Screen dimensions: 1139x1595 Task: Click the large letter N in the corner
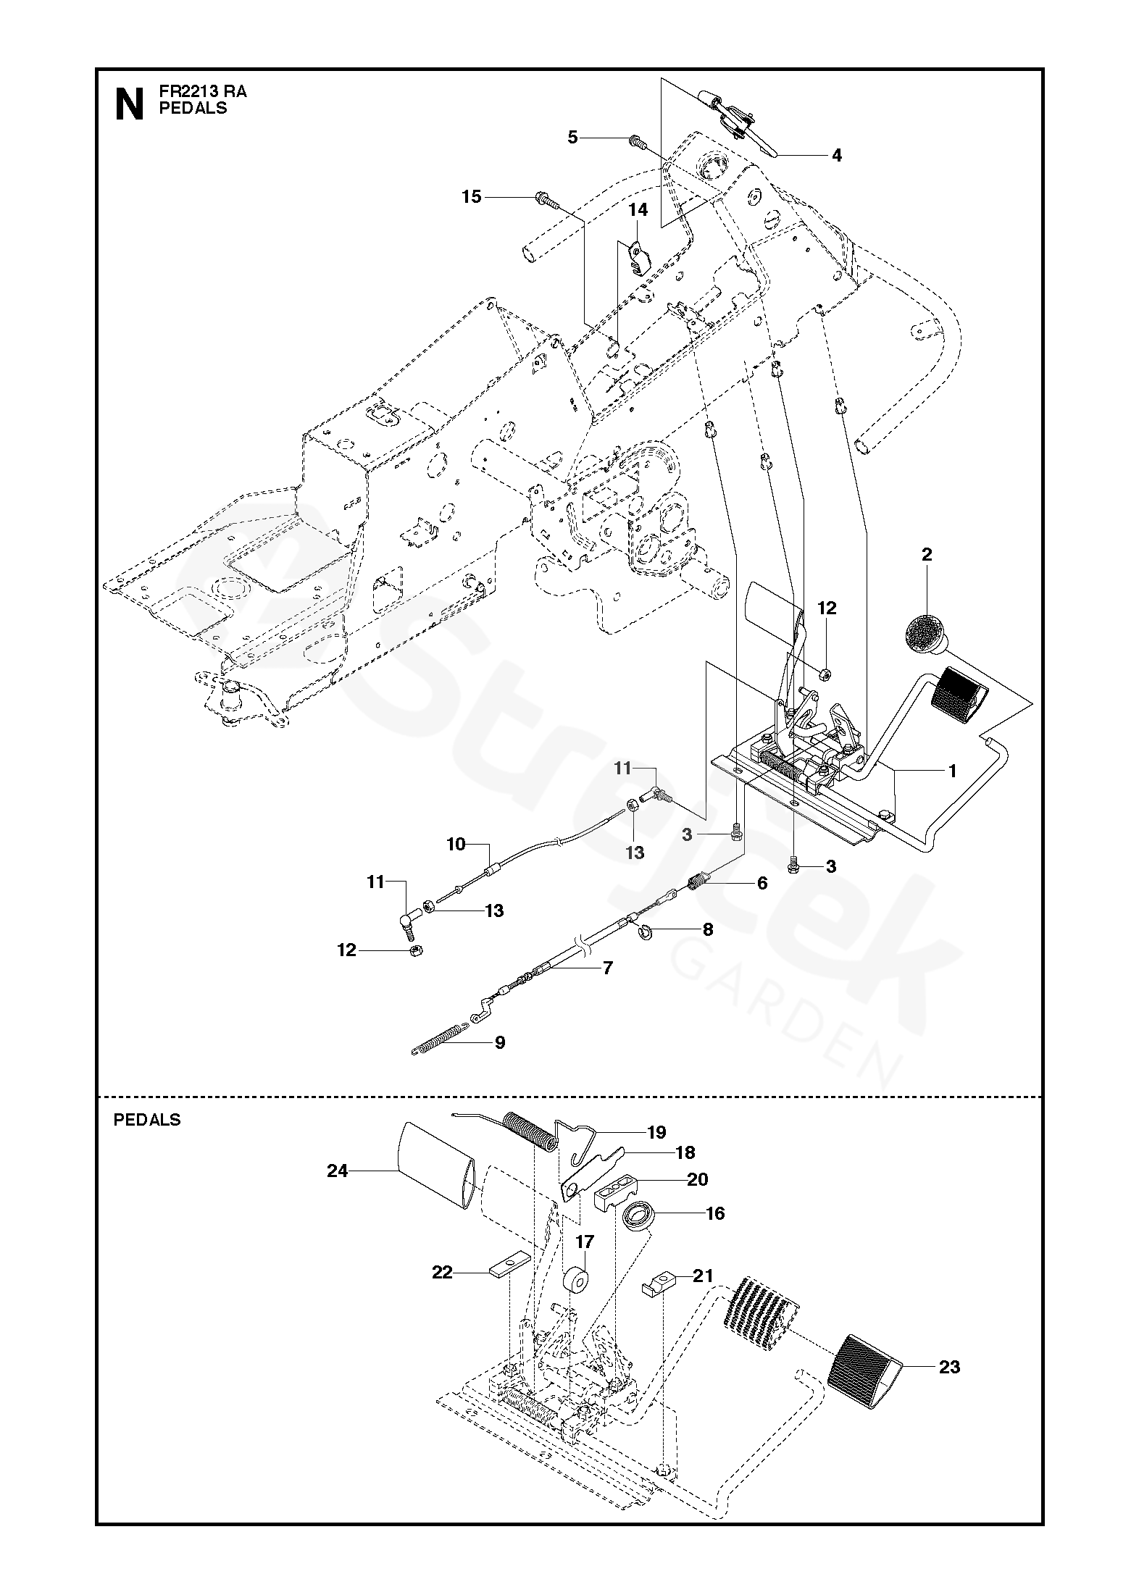pyautogui.click(x=129, y=103)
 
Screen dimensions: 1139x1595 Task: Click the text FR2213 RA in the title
pyautogui.click(x=203, y=92)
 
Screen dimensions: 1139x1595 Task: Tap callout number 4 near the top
pyautogui.click(x=836, y=155)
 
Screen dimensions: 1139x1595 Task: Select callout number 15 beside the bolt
pyautogui.click(x=472, y=196)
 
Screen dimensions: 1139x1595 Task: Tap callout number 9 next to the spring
pyautogui.click(x=499, y=1042)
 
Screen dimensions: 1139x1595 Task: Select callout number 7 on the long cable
pyautogui.click(x=608, y=967)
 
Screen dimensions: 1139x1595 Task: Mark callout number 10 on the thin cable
pyautogui.click(x=456, y=845)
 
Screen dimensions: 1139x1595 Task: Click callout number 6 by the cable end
pyautogui.click(x=762, y=883)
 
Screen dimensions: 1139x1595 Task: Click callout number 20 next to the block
pyautogui.click(x=697, y=1179)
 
